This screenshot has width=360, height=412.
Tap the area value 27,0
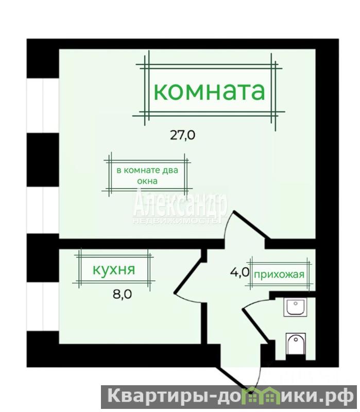[x=183, y=135]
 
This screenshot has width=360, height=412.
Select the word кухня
[x=114, y=269]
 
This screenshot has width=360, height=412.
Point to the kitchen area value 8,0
[x=122, y=294]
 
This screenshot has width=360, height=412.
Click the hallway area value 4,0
[x=239, y=272]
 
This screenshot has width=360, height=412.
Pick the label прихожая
[x=279, y=275]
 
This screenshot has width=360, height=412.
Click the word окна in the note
[x=147, y=181]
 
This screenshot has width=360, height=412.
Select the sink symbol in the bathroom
[x=295, y=307]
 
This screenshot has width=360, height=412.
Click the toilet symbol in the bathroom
[x=296, y=344]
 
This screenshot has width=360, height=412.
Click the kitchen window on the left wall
[x=43, y=306]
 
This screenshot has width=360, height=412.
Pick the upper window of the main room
[x=43, y=106]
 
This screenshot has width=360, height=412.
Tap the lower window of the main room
[x=43, y=210]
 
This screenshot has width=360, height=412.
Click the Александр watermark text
[x=180, y=205]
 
